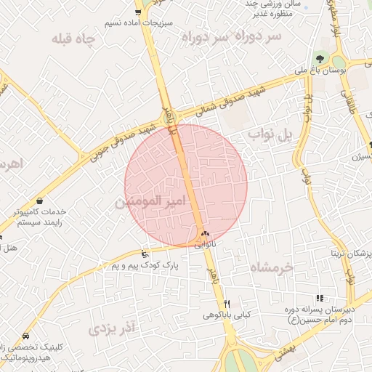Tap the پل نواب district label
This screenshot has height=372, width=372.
point(269,134)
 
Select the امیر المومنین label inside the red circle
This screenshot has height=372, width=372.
point(150,201)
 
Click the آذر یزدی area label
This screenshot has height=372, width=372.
point(113,328)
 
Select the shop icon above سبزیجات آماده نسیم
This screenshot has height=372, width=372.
point(138,12)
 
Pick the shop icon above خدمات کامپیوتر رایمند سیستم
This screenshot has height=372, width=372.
point(39,201)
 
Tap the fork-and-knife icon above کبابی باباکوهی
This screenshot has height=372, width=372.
point(227,304)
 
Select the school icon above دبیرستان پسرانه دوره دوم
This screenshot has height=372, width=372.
point(319,297)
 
